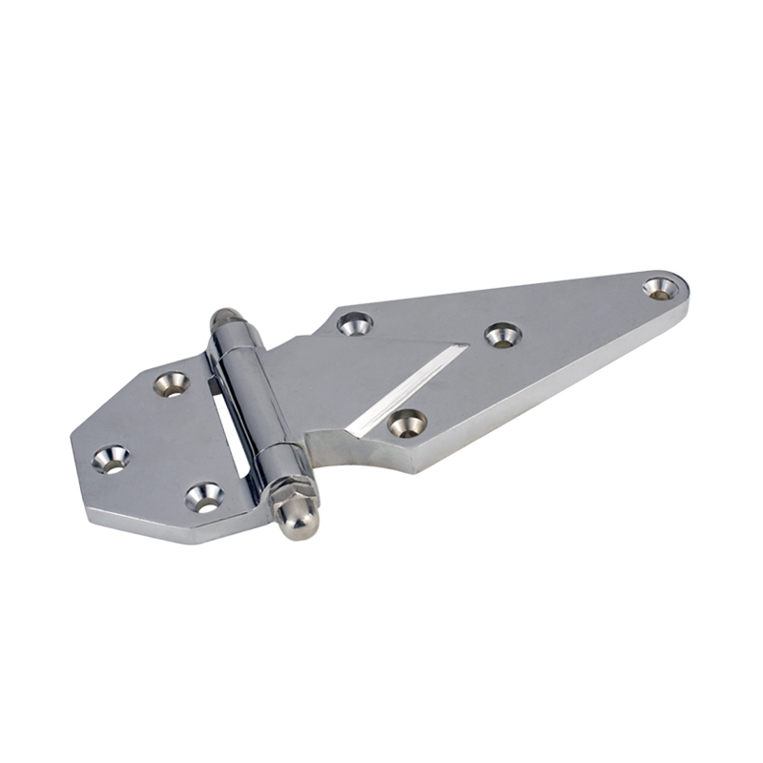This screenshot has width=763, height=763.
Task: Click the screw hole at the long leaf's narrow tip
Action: click(x=656, y=286)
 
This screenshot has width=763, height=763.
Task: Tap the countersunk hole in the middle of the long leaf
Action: click(x=501, y=334)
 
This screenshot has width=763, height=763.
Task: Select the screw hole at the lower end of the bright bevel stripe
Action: click(x=407, y=421)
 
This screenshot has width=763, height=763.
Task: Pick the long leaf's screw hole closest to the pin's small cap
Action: click(x=355, y=323)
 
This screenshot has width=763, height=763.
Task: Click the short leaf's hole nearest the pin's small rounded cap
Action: click(x=172, y=382)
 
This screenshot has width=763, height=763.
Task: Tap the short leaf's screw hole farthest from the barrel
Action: click(x=111, y=459)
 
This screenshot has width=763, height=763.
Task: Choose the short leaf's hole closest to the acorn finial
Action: click(x=204, y=494)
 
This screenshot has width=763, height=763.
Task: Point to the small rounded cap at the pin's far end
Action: click(x=221, y=316)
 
